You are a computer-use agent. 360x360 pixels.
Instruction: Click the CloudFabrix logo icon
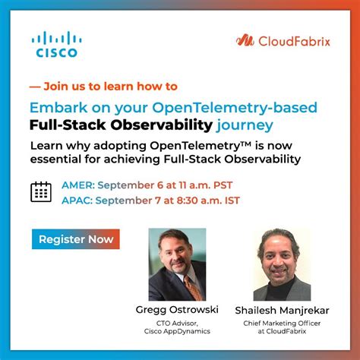[x=245, y=40]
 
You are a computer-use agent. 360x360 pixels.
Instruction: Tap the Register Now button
[x=75, y=239]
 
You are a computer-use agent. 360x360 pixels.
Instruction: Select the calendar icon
[x=41, y=191]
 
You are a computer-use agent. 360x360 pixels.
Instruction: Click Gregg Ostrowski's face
[x=174, y=255]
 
